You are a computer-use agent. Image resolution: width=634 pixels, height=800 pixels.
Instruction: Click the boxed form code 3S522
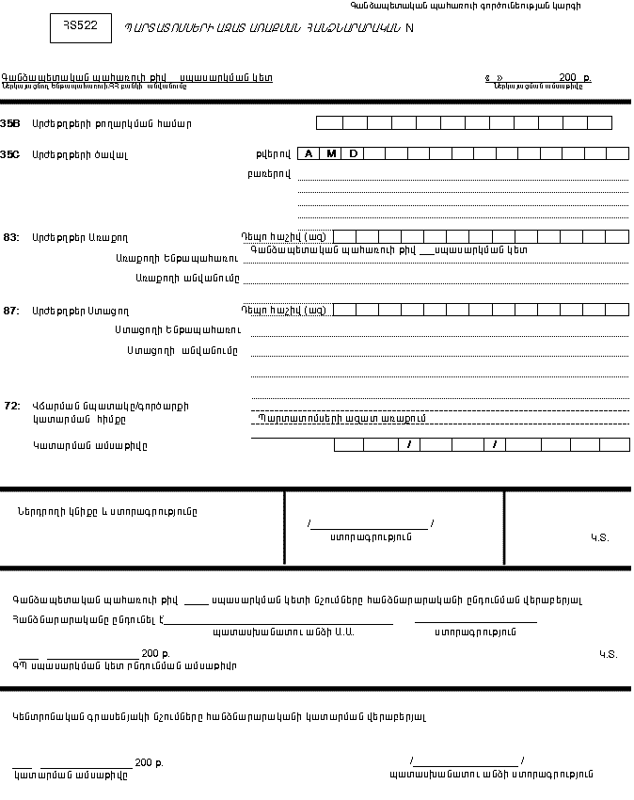tap(80, 28)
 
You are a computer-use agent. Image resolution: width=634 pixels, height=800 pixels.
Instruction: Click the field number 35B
tap(10, 123)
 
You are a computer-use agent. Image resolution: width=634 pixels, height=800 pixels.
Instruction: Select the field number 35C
tap(10, 153)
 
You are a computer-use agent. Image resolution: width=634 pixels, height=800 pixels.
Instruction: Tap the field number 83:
tap(10, 237)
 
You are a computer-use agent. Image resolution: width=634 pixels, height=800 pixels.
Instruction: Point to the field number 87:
tap(10, 310)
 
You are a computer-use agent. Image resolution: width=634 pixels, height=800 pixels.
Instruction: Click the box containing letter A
tap(309, 153)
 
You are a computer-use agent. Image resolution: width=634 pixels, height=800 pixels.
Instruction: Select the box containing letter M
tap(331, 153)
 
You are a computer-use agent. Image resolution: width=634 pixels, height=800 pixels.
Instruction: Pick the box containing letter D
tap(354, 153)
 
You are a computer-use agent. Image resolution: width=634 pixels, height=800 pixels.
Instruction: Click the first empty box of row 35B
tap(329, 122)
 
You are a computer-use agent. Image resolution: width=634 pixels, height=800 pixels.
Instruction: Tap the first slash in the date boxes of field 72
tap(408, 444)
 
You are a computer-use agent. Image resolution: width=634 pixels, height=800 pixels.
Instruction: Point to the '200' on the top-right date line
tap(567, 77)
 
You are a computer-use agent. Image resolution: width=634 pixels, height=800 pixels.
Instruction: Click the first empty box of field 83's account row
tap(344, 236)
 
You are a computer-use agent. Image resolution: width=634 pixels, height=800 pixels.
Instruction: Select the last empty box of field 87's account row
tap(618, 309)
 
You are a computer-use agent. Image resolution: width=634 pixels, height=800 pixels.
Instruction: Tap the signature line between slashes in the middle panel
tap(370, 524)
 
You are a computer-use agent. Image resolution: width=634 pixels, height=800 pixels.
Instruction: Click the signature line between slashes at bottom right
tap(467, 760)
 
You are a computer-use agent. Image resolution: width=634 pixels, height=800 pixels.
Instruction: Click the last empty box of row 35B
tap(599, 122)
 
